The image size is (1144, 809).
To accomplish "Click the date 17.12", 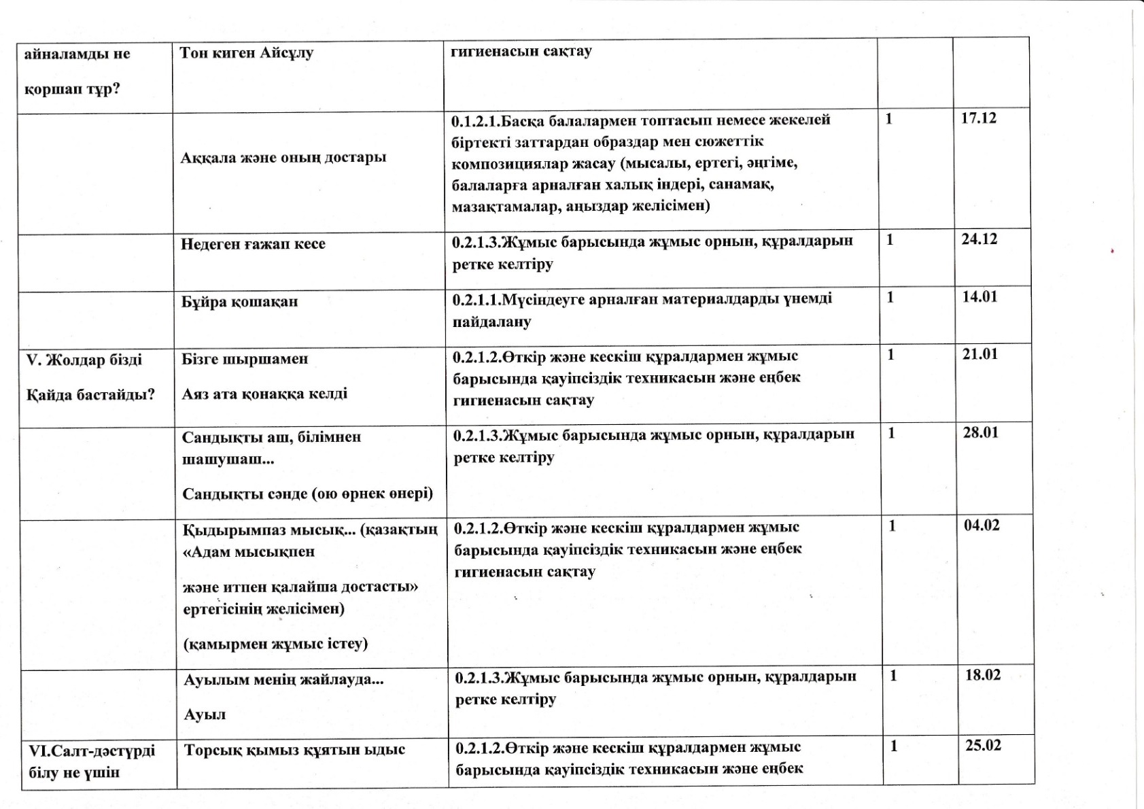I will pos(978,118).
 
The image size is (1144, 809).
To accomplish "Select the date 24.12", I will pos(979,239).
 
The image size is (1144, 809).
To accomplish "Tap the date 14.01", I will pos(980,297).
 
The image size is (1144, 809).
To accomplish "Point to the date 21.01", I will pos(980,354).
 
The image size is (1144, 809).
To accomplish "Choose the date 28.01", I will pos(981,432).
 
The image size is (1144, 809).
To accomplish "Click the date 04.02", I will pos(982,525).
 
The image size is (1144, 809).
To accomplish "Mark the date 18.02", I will pos(983,675).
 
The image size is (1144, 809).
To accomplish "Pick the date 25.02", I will pos(984,746).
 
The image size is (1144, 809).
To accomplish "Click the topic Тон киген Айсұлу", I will pos(246,53).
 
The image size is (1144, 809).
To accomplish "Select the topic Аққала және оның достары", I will pos(283,158).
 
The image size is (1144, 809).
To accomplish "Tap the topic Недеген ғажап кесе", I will pos(253,244).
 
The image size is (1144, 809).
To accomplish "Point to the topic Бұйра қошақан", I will pos(239,302).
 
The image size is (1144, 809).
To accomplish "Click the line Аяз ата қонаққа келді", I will pos(264,394).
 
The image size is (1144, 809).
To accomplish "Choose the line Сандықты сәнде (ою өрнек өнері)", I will pos(307,493).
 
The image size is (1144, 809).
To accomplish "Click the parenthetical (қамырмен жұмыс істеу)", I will pos(275,643).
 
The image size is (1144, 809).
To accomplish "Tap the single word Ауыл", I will pos(205,715).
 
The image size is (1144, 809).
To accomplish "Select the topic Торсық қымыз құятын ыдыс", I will pos(294,750).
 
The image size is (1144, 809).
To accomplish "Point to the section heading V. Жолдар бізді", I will pos(84,360).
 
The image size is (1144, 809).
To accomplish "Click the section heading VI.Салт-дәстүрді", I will pos(92,751).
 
